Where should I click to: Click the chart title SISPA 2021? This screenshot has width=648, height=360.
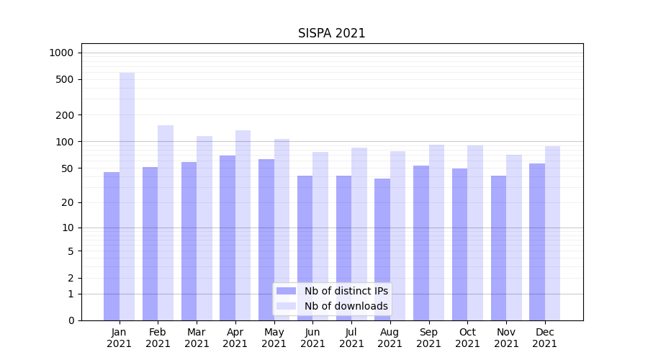coord(331,33)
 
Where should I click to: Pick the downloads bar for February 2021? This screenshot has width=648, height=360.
coord(166,222)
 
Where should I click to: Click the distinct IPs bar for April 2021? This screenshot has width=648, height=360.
coord(228,238)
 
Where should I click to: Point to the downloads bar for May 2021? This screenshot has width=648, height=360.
coord(282,230)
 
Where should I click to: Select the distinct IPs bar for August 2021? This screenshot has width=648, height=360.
coord(382,249)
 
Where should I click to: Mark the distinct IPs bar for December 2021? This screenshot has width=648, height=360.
coord(537,242)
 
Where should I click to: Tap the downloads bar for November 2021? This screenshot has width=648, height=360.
coord(514,238)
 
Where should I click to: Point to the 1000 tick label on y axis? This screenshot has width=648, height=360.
coord(61,53)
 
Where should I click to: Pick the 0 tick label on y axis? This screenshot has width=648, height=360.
coord(71,320)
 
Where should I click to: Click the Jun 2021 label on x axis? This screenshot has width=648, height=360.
coord(312,338)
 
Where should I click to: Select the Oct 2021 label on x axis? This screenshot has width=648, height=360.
coord(467,338)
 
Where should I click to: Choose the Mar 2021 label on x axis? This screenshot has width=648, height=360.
coord(197,338)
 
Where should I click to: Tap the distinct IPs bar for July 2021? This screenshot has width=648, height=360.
coord(343,248)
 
